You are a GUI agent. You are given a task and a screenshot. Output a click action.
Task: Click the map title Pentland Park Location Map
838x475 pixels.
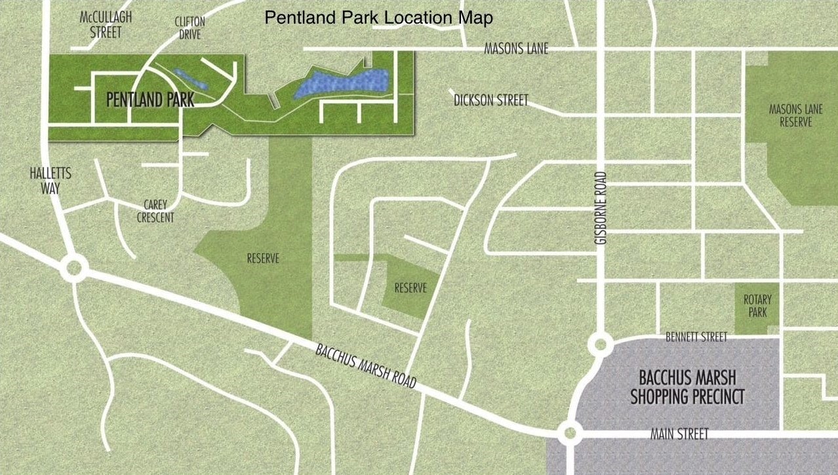coord(378,18)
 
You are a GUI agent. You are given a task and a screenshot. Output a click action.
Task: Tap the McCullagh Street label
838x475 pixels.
coord(106,24)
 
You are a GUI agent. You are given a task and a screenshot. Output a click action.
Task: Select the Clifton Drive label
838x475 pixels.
coord(190,28)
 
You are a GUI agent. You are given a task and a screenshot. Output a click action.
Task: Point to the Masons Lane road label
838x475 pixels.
coord(516,49)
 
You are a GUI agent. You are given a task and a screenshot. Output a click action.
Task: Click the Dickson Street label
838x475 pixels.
coord(490,100)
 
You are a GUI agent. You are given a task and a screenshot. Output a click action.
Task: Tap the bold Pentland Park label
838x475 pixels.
coord(150,100)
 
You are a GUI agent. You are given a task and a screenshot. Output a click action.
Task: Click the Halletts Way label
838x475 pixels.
coord(50,180)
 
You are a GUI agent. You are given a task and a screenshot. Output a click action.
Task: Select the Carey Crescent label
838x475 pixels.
coord(155,211)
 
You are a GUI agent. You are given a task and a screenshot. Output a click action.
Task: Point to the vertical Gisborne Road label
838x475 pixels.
coord(601,208)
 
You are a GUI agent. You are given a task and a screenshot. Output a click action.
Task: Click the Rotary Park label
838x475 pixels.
coord(757,306)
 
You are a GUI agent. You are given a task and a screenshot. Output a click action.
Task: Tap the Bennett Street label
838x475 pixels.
coord(696,337)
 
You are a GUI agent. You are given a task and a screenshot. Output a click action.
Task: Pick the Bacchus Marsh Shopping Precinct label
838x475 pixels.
coord(687,387)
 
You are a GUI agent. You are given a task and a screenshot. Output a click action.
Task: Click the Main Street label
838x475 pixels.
coord(679,434)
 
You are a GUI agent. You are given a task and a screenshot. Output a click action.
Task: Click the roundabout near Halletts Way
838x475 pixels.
coord(73,268)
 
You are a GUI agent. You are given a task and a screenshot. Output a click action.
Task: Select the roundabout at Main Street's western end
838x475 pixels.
coord(570,432)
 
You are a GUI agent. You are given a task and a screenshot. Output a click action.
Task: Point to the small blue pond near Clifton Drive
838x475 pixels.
coord(190,79)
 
